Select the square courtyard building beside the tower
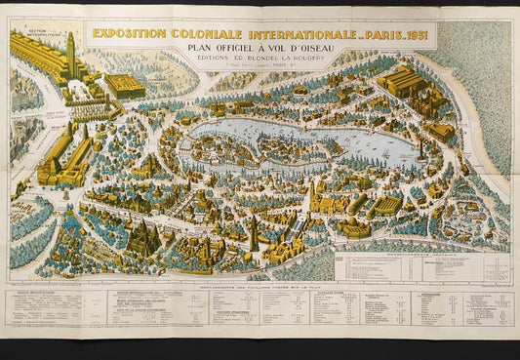pos(125,86)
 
